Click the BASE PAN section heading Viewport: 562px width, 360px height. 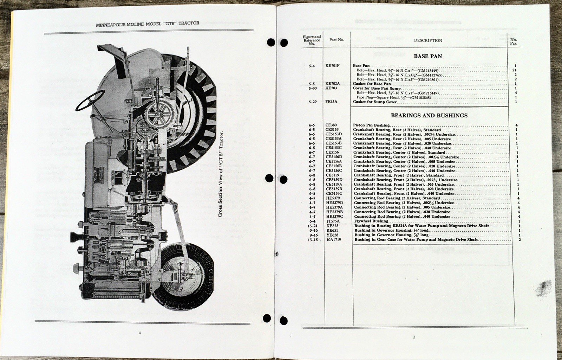pos(427,56)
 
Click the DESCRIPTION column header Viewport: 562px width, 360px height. pos(428,40)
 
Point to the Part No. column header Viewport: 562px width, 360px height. pos(336,40)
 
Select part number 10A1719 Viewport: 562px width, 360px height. pos(333,239)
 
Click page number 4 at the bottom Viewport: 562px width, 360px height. pos(140,333)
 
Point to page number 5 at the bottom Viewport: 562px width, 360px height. pos(414,338)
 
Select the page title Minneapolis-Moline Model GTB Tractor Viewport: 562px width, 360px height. pos(148,24)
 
